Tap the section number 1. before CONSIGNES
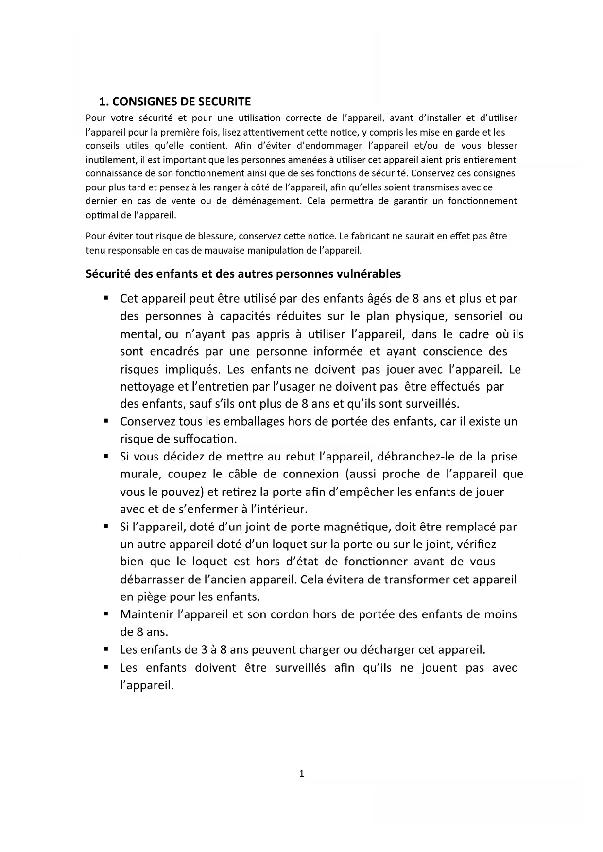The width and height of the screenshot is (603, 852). click(x=103, y=102)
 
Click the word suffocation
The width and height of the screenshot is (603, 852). click(x=205, y=439)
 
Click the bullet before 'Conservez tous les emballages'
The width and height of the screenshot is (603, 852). click(x=105, y=421)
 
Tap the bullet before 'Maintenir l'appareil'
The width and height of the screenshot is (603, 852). click(x=105, y=614)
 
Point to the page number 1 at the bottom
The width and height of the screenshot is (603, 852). click(x=301, y=774)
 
